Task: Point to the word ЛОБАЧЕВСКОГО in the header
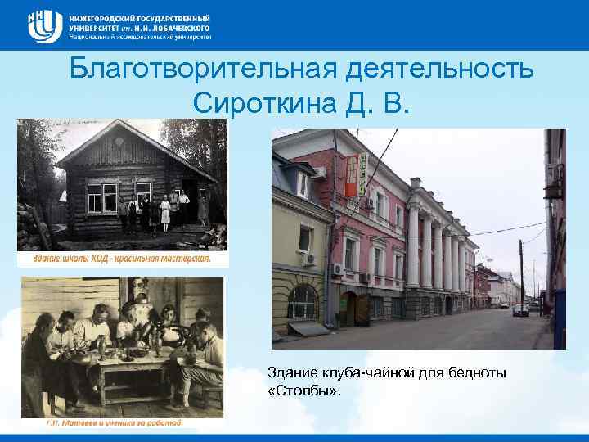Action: tap(177, 27)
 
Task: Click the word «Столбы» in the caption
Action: tap(304, 391)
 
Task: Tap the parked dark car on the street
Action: tap(520, 310)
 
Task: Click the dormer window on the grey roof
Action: tap(303, 185)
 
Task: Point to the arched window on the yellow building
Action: tap(302, 301)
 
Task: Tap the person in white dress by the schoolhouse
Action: tap(166, 212)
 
